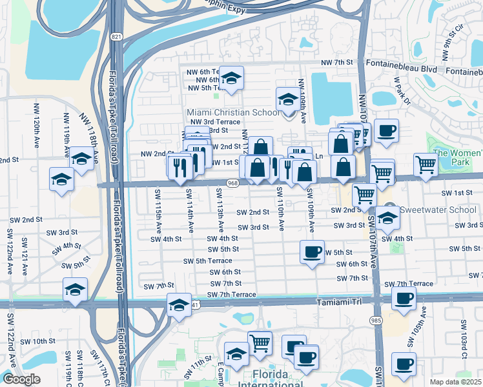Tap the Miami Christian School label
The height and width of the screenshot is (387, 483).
(x=233, y=113)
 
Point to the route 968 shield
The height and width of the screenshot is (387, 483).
(x=234, y=184)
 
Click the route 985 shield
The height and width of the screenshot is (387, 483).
(x=376, y=320)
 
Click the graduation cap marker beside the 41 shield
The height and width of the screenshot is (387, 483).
(x=179, y=304)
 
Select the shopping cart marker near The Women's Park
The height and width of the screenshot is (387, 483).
(x=426, y=164)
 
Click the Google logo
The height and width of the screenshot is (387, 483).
(x=21, y=379)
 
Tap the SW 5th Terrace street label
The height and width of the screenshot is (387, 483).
(x=208, y=261)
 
